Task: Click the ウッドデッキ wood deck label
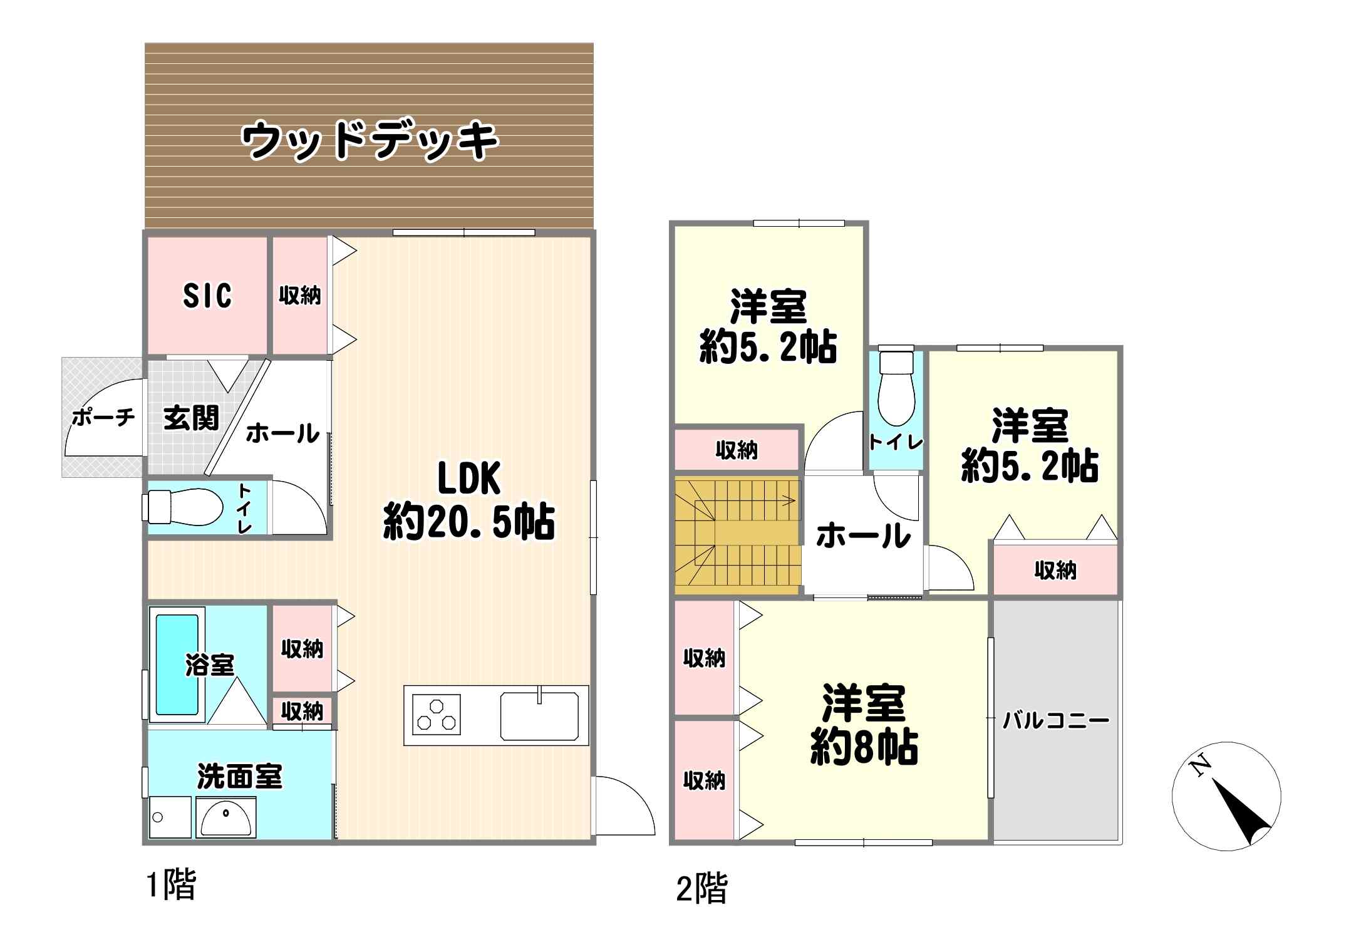(370, 140)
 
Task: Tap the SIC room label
(207, 295)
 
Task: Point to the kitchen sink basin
(539, 716)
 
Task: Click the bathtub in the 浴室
(177, 665)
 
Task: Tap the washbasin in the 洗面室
(225, 817)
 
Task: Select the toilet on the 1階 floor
(184, 506)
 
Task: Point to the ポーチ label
(103, 417)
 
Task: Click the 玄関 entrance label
(191, 418)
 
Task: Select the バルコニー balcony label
(1056, 720)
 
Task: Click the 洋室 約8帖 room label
(864, 725)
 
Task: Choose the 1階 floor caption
(171, 885)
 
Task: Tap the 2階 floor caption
(701, 889)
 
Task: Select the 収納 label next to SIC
(300, 295)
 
